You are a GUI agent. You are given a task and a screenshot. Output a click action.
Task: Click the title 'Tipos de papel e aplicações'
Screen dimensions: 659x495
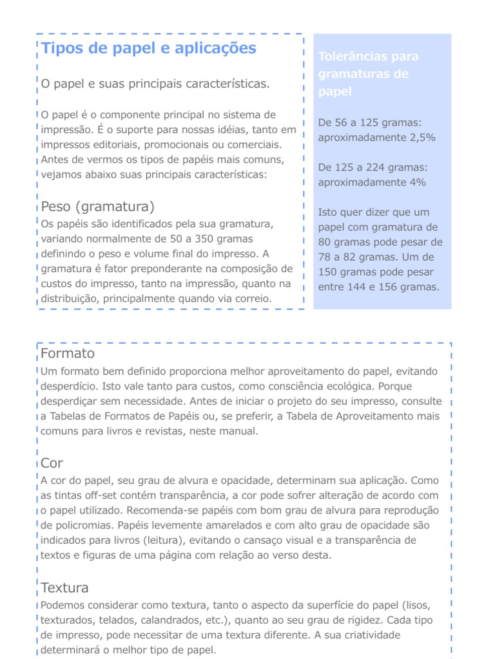click(148, 48)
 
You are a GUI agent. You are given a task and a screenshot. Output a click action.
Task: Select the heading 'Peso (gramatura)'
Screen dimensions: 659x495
click(97, 207)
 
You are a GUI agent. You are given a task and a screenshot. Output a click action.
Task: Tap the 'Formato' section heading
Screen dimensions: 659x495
click(67, 354)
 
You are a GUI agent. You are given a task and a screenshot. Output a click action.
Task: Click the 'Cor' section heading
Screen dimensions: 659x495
click(52, 463)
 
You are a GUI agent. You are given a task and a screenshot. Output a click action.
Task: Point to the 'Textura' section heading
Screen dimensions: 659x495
click(64, 588)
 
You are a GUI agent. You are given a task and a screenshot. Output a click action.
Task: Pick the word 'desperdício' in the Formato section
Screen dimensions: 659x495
click(67, 386)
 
